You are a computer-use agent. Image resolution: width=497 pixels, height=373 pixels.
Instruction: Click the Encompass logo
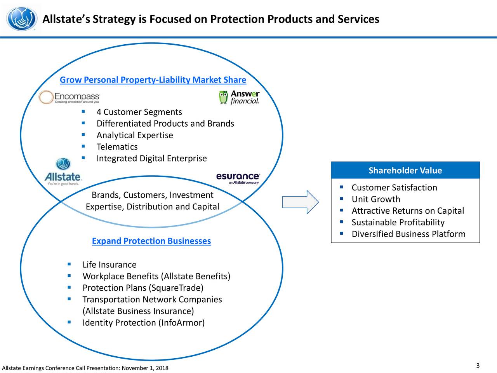tap(70, 98)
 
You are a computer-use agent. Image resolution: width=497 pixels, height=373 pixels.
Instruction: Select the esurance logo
tap(238, 178)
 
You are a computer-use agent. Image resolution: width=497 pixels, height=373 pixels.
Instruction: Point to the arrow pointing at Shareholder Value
tap(300, 202)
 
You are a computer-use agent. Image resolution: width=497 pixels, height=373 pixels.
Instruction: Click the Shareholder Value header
tap(405, 171)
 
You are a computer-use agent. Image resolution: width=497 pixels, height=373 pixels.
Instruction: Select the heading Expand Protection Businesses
tap(151, 241)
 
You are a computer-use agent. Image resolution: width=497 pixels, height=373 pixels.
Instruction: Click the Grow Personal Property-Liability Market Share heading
tap(153, 80)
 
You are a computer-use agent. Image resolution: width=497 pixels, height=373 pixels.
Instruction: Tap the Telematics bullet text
tap(117, 147)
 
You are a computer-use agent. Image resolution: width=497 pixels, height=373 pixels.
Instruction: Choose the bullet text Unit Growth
tap(375, 199)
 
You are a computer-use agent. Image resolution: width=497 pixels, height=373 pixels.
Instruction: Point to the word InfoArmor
tap(181, 323)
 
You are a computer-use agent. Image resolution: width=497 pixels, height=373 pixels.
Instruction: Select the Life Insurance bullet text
tap(109, 265)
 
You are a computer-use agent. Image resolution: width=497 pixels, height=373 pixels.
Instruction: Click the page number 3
tap(478, 366)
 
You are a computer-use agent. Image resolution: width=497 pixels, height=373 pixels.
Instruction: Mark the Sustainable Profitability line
tap(398, 223)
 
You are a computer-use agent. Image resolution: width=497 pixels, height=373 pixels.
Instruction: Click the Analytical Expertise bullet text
tap(135, 135)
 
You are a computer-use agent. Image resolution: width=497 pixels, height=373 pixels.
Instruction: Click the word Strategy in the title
tap(114, 19)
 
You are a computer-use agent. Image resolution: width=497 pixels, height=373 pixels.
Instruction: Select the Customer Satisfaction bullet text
tap(394, 188)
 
